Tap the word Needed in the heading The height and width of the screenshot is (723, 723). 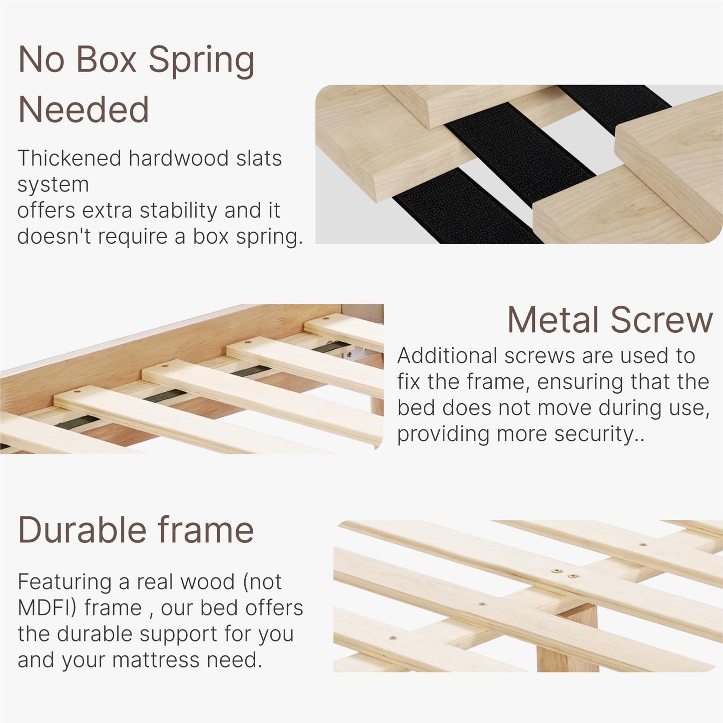83,110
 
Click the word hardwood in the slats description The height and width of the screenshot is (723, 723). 179,158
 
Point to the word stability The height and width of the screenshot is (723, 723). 179,210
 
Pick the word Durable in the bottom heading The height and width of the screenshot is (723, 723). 82,530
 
